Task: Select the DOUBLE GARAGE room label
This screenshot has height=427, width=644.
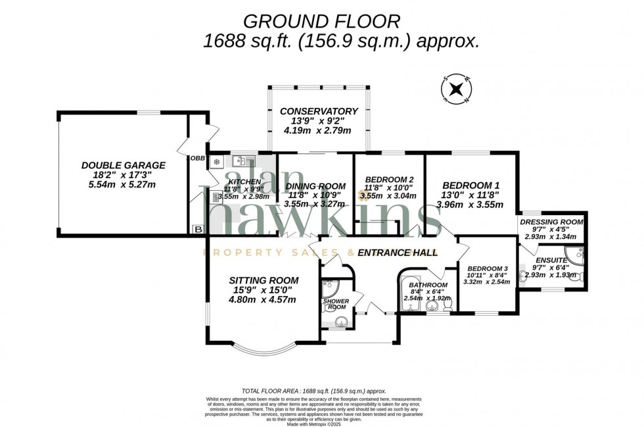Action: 124,165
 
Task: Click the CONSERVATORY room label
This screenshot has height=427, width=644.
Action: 319,111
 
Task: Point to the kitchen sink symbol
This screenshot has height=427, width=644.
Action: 242,160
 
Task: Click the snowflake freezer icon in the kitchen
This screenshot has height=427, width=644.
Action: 216,162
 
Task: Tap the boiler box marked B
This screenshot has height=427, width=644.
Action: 198,229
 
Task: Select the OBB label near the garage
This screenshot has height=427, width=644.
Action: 197,159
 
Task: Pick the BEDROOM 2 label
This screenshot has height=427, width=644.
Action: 389,180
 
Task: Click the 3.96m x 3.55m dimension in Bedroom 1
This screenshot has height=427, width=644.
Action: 470,205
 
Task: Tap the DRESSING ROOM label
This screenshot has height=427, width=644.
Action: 551,222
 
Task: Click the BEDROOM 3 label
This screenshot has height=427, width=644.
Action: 487,268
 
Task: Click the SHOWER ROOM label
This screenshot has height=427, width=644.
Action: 336,304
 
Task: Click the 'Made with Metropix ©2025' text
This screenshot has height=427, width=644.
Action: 321,423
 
